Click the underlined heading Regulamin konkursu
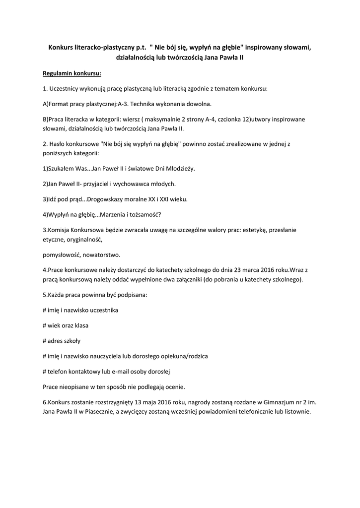tap(72, 73)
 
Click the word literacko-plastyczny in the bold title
tap(104, 48)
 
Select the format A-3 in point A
tap(123, 104)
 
